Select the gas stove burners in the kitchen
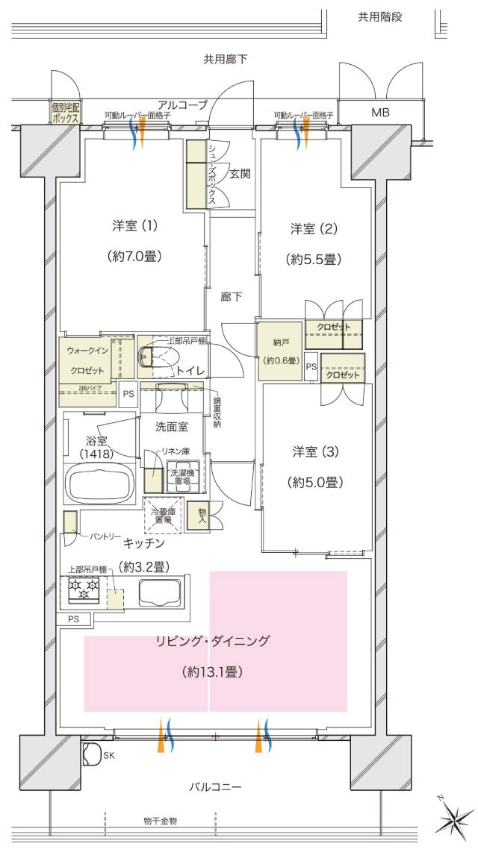tap(84, 591)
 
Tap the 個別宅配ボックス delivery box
tap(66, 112)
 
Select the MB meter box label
tap(381, 113)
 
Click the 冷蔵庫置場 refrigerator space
tap(163, 515)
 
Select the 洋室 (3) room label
tap(314, 452)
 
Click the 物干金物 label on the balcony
tap(160, 821)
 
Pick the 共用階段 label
tap(380, 17)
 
